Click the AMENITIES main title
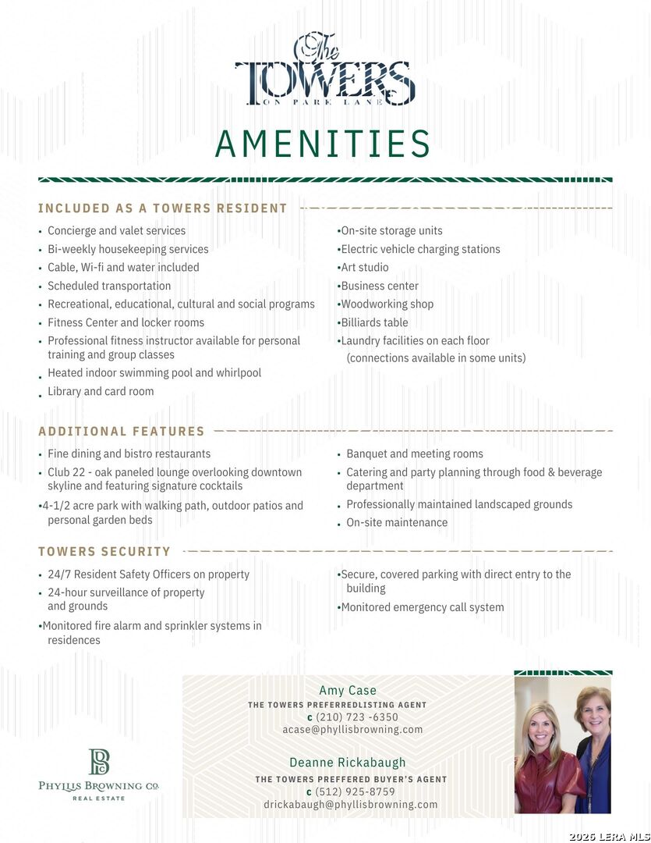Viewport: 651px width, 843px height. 323,144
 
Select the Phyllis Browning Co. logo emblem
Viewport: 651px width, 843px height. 99,762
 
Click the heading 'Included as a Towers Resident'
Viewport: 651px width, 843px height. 163,208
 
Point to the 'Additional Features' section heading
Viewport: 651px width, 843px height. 122,431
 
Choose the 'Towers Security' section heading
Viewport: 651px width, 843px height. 104,552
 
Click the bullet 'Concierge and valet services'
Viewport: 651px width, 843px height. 116,231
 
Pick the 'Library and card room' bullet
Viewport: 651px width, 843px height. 101,392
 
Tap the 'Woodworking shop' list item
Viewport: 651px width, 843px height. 387,304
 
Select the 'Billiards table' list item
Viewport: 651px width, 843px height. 374,322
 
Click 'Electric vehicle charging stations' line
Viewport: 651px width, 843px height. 420,250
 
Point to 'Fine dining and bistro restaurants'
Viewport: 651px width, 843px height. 129,454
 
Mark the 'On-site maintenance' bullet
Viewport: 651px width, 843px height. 397,523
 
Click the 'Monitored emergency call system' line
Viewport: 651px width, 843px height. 422,607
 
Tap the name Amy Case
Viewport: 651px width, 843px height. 348,691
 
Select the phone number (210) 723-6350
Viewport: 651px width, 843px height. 356,717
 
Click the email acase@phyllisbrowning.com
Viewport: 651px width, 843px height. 352,730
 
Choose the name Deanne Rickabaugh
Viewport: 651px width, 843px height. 348,763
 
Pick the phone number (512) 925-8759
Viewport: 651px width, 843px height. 355,792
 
